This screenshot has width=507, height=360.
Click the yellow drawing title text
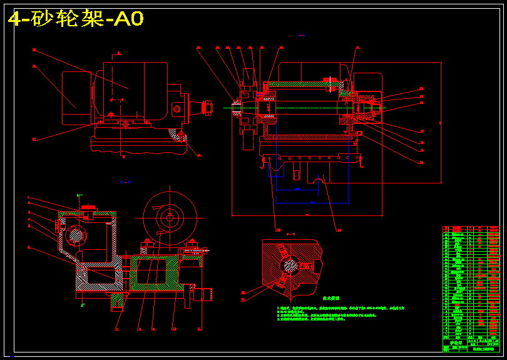76,19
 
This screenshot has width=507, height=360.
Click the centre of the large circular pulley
170,219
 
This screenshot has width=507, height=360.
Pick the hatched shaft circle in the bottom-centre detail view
290,265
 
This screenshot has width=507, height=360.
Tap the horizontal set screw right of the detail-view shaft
308,265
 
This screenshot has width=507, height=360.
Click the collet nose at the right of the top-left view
206,108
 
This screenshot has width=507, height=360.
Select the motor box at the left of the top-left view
77,99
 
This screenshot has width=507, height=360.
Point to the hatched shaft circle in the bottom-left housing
76,235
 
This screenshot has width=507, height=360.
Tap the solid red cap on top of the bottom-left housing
88,208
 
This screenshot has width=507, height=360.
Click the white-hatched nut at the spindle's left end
237,108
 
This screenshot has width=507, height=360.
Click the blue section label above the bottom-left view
125,182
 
